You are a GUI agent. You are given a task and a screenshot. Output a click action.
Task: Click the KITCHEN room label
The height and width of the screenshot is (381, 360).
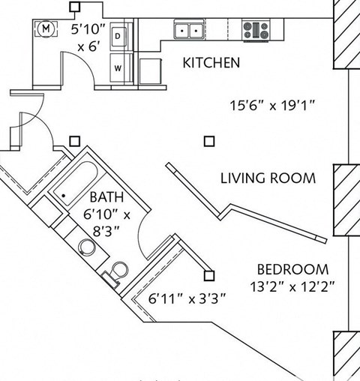point(211,63)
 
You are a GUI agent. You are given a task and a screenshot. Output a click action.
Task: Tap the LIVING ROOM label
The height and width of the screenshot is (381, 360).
point(268,178)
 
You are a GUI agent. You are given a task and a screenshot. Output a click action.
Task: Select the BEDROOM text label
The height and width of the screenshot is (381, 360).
point(292,269)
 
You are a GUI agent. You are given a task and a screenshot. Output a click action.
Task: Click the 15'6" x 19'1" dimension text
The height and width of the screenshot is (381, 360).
point(271,106)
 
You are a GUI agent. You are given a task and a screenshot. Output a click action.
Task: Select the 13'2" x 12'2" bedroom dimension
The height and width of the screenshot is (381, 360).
point(292,286)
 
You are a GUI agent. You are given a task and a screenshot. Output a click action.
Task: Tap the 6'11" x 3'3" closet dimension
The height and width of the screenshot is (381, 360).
point(187,298)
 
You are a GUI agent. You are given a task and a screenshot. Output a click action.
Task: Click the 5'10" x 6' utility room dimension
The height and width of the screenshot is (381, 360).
point(88,37)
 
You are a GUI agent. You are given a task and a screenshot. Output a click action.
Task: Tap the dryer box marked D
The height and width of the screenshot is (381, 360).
point(118,35)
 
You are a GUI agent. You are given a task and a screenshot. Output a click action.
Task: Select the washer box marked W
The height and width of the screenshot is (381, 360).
point(118,66)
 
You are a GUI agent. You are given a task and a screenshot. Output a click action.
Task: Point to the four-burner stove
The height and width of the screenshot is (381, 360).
point(256,30)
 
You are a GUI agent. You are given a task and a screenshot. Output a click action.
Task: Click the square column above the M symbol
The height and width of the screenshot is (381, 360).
point(74,7)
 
